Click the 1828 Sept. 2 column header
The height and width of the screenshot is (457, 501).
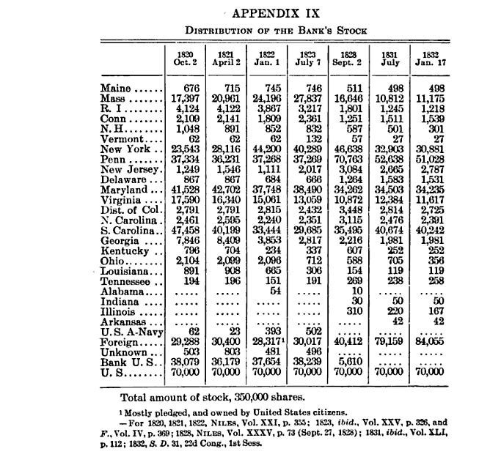pyautogui.click(x=348, y=59)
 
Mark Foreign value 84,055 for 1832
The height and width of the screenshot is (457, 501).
pyautogui.click(x=429, y=341)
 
